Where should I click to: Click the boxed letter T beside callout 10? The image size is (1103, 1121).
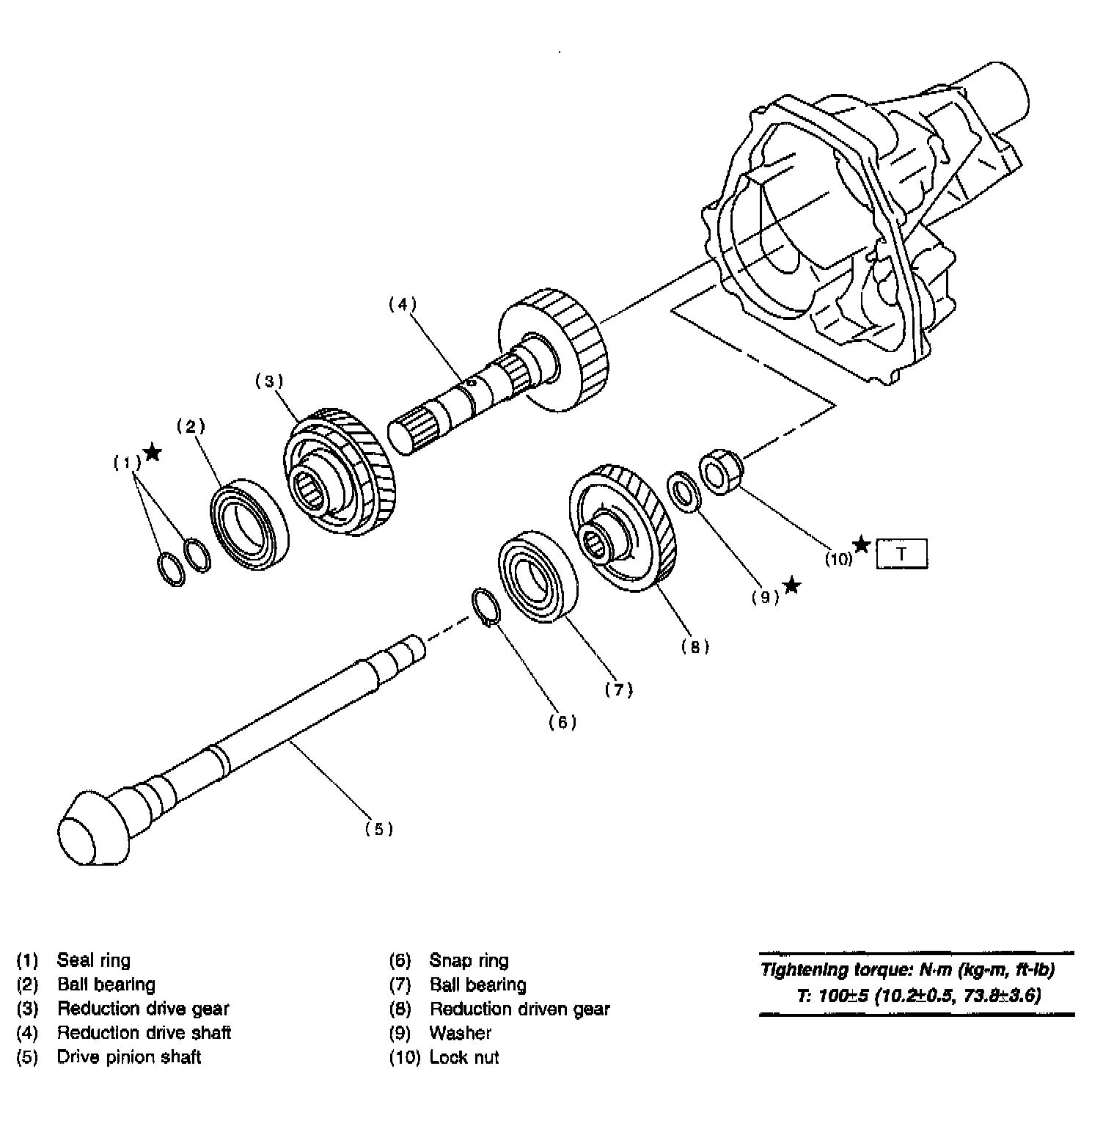(x=901, y=554)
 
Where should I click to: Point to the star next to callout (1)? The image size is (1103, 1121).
(x=152, y=452)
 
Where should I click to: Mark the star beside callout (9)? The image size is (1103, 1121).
(x=791, y=585)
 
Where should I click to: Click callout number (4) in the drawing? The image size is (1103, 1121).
(x=402, y=304)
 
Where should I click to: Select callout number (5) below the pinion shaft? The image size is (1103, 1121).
(x=379, y=829)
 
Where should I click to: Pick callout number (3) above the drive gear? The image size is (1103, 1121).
(x=268, y=381)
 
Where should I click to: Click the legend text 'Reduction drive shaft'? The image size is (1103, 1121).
(x=144, y=1033)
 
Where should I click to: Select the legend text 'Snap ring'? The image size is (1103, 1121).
(x=469, y=960)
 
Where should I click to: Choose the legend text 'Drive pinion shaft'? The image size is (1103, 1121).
(x=128, y=1057)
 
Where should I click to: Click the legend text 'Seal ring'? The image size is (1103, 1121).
(x=93, y=960)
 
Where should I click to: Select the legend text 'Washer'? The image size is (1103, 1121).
(x=460, y=1033)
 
